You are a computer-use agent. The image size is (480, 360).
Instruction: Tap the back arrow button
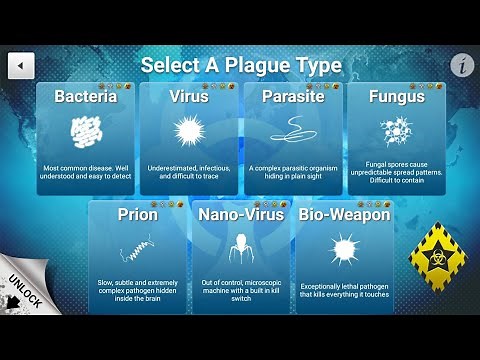[x=21, y=66]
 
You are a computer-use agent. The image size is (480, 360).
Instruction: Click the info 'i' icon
[x=460, y=66]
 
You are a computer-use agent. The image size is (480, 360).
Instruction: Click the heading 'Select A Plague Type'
[x=241, y=66]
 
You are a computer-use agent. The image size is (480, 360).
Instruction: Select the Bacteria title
[x=86, y=98]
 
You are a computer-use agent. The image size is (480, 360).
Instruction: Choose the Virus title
[x=189, y=98]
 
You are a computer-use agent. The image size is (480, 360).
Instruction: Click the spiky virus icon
[x=188, y=130]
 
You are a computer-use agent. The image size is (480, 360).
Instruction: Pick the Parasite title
[x=291, y=98]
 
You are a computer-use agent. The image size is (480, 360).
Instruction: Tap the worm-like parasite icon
[x=291, y=128]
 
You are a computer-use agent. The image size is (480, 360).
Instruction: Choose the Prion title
[x=138, y=214]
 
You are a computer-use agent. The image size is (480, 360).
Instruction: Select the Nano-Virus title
[x=240, y=214]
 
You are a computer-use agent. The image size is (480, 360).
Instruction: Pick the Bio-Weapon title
[x=343, y=214]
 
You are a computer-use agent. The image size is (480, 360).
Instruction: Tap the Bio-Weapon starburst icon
[x=343, y=246]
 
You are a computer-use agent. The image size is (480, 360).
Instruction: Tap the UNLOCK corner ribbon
[x=22, y=291]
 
